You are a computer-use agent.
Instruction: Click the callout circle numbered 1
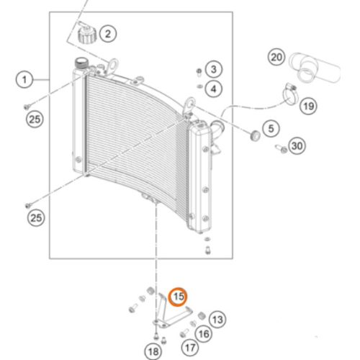[x=25, y=79]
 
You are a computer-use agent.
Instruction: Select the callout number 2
[x=107, y=33]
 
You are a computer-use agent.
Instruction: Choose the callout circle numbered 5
[x=270, y=129]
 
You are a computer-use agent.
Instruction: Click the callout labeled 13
[x=217, y=318]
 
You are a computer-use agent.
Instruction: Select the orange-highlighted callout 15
[x=178, y=296]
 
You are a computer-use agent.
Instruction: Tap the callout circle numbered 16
[x=204, y=334]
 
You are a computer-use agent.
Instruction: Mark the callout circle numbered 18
[x=152, y=351]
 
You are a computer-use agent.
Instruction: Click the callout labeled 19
[x=308, y=107]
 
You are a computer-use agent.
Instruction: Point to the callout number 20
[x=277, y=56]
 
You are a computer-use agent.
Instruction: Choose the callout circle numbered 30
[x=297, y=147]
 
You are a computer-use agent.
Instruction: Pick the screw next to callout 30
[x=279, y=149]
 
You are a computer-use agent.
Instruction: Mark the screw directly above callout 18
[x=156, y=334]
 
